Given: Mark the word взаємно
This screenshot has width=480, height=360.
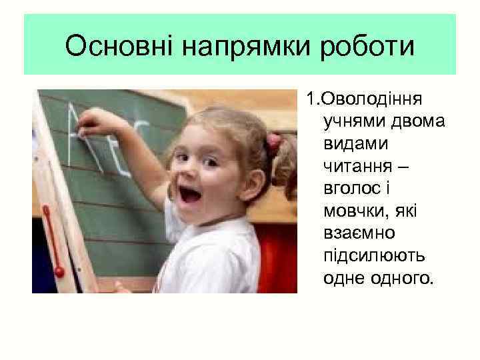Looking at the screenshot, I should click(359, 233).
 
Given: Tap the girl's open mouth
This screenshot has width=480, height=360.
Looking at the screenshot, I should click(191, 195).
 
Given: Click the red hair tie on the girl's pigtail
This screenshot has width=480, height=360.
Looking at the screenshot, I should click(274, 141).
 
